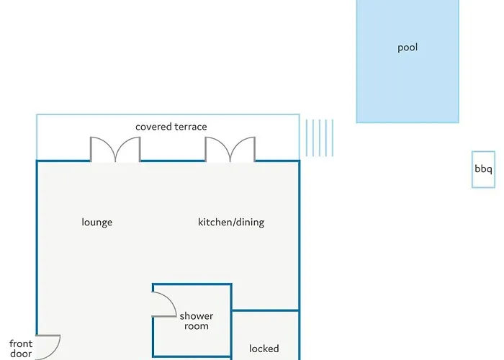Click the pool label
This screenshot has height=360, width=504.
coord(408,48)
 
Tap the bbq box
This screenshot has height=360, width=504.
coord(483,169)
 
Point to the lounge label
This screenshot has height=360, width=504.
coord(97,222)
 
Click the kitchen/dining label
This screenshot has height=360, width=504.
coord(231,222)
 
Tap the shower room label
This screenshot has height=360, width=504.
coord(197,321)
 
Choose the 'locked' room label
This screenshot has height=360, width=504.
coord(264,348)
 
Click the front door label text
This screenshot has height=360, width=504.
coord(21,348)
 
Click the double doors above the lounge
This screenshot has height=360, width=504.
coord(115,149)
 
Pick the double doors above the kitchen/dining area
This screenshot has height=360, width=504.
coord(230,149)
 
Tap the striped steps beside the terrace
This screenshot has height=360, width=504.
coord(320,138)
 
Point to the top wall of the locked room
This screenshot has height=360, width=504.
coord(265,310)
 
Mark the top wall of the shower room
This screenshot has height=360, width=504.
coord(192,284)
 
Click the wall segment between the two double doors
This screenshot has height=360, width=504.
coord(173,161)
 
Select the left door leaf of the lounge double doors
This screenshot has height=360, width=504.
coord(102,149)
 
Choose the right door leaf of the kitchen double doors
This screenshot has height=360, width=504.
coord(243,149)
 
